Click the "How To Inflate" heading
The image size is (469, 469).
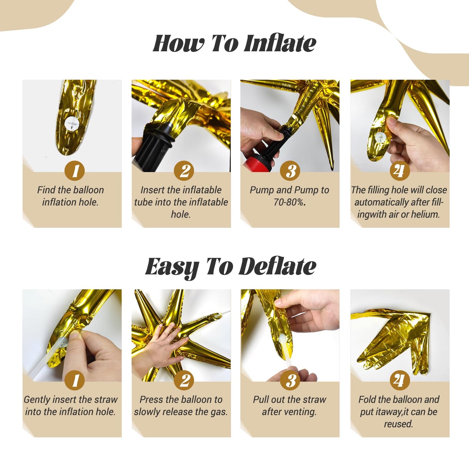pos(234,43)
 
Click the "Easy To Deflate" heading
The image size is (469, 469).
pos(230,266)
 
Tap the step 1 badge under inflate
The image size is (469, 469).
pos(75,171)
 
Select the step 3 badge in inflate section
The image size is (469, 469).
pos(290,171)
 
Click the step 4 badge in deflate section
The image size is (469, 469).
pos(400,380)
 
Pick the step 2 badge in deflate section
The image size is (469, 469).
pos(184,380)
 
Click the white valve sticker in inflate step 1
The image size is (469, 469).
pos(71,124)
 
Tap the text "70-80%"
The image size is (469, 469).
pos(289,202)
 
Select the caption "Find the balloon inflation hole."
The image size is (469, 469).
pos(70,196)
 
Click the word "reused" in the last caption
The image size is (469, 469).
pos(398,424)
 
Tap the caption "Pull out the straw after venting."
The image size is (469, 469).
pos(290,406)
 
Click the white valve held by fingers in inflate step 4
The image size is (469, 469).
pos(380,137)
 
